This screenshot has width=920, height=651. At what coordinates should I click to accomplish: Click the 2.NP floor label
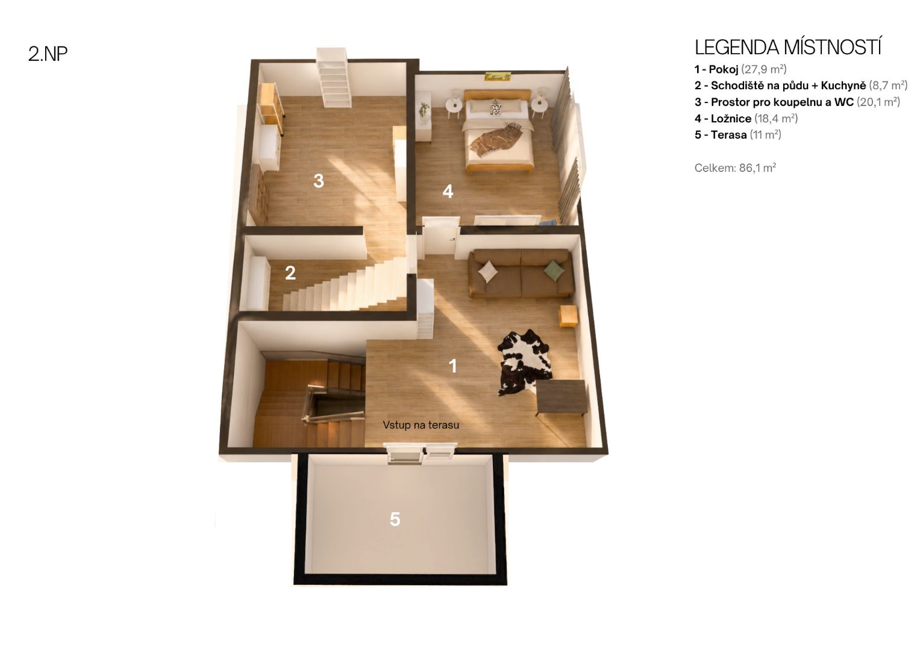click(48, 54)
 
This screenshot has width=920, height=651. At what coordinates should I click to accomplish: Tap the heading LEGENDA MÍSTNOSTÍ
click(787, 47)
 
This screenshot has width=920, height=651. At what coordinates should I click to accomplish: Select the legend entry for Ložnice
click(746, 118)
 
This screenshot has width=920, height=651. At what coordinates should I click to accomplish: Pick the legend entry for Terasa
click(737, 135)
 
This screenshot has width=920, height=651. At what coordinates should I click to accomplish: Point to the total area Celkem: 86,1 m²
click(735, 168)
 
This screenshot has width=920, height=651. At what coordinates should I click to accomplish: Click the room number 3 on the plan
click(318, 181)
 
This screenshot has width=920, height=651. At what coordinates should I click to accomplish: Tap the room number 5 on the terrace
click(395, 520)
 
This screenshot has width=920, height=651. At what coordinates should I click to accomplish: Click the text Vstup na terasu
click(421, 425)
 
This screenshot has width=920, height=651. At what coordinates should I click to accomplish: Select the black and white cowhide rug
click(524, 362)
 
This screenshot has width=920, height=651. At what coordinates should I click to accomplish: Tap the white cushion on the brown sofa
click(488, 272)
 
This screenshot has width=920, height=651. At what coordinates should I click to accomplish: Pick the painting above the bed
click(498, 76)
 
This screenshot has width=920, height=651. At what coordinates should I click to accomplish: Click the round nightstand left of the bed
click(454, 105)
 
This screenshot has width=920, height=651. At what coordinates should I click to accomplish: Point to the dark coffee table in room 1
click(561, 398)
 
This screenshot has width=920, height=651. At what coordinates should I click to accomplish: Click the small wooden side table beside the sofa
click(568, 316)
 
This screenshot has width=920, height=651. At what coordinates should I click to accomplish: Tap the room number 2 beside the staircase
click(290, 273)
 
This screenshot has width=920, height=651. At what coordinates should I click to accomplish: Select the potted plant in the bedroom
click(424, 111)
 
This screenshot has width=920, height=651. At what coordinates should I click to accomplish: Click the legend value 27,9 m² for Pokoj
click(764, 69)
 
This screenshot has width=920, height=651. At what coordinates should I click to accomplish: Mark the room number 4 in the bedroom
click(448, 192)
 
